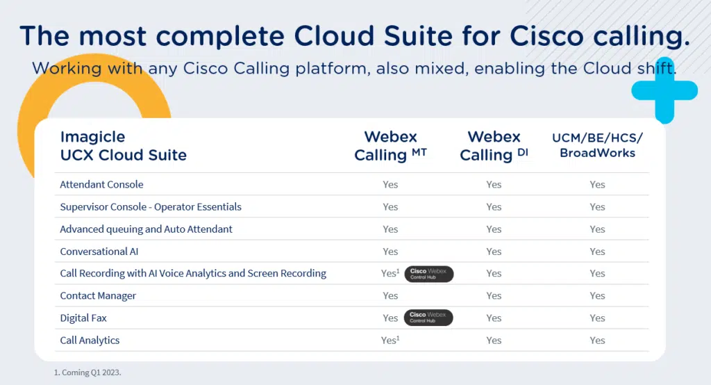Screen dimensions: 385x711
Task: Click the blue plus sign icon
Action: tap(664, 91)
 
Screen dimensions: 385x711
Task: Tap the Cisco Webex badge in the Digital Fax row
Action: tap(428, 318)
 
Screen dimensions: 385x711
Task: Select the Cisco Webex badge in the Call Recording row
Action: tap(428, 274)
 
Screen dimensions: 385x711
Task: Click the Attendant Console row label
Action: tap(101, 184)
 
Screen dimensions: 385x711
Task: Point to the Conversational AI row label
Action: tap(94, 252)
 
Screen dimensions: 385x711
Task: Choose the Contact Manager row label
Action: tap(98, 296)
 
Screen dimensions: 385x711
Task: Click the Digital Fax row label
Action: tap(83, 318)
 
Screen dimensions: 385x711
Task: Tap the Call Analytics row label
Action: tap(90, 341)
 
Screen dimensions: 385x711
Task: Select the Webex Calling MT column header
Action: tap(390, 146)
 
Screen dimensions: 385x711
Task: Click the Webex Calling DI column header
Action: tap(494, 146)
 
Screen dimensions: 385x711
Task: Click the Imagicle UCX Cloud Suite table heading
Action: tap(124, 146)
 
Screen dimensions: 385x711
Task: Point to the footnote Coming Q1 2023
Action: tap(87, 372)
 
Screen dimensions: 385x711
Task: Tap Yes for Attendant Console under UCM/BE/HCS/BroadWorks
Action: tap(597, 184)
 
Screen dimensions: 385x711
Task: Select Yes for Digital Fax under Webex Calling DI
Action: tap(494, 318)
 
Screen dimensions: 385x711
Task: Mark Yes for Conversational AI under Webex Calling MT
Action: tap(390, 252)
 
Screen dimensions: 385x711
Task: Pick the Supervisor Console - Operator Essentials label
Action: tap(151, 207)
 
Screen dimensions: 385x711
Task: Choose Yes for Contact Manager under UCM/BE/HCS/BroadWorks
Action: tap(597, 296)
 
